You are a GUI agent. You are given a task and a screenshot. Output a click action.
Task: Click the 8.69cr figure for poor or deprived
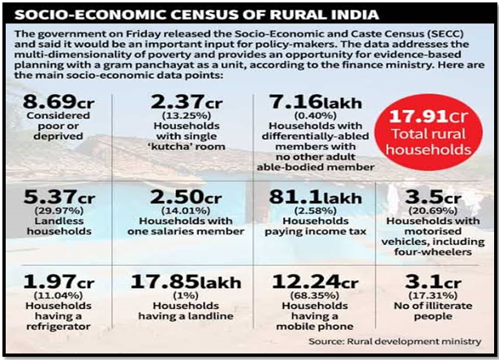58,102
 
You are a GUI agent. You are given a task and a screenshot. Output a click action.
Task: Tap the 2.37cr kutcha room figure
186,102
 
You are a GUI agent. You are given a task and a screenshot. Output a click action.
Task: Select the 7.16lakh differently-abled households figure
315,102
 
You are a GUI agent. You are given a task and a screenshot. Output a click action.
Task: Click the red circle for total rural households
428,132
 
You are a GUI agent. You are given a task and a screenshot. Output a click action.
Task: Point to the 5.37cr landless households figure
59,197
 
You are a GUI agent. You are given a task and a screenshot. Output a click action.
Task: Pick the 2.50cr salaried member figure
186,197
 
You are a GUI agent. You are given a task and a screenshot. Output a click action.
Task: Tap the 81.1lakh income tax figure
315,197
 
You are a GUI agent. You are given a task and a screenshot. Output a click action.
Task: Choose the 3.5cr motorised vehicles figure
432,197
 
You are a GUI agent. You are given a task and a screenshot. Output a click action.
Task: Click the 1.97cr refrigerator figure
58,282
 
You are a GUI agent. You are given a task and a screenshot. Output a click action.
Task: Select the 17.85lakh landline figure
186,282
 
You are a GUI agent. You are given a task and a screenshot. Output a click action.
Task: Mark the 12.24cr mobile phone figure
315,282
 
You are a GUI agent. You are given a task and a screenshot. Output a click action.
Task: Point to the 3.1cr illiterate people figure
432,282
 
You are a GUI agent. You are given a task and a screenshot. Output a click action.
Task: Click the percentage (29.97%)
59,211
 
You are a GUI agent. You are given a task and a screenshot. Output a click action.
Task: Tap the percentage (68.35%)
315,295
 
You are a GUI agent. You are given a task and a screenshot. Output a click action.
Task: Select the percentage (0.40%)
315,115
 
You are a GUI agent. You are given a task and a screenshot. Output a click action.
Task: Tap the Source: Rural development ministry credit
395,341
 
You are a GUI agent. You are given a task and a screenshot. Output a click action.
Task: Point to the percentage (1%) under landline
186,295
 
